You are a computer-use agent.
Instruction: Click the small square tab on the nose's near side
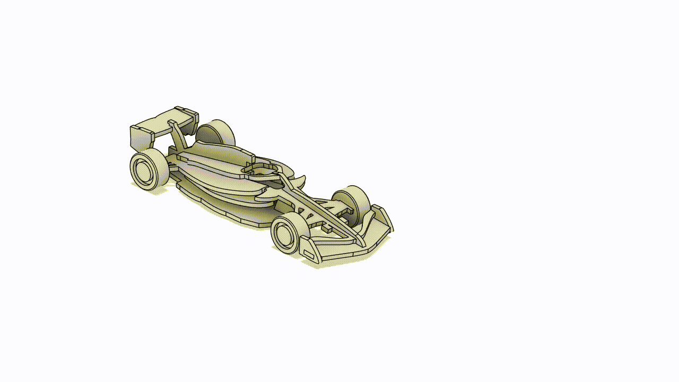pyautogui.click(x=327, y=229)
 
